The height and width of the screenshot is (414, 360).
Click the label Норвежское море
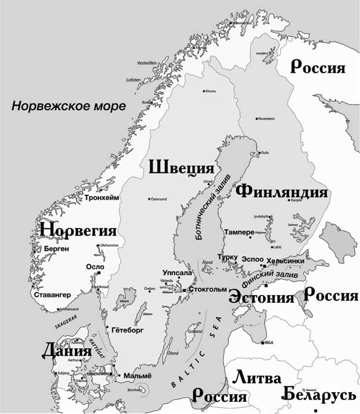tap(69, 106)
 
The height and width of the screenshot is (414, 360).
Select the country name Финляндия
tap(282, 192)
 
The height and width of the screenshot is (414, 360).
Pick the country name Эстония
tap(261, 298)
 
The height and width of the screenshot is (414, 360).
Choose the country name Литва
tap(257, 378)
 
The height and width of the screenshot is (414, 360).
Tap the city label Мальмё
tap(137, 376)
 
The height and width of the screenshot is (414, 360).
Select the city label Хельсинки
tap(285, 260)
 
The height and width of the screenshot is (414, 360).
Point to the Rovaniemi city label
tap(266, 118)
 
